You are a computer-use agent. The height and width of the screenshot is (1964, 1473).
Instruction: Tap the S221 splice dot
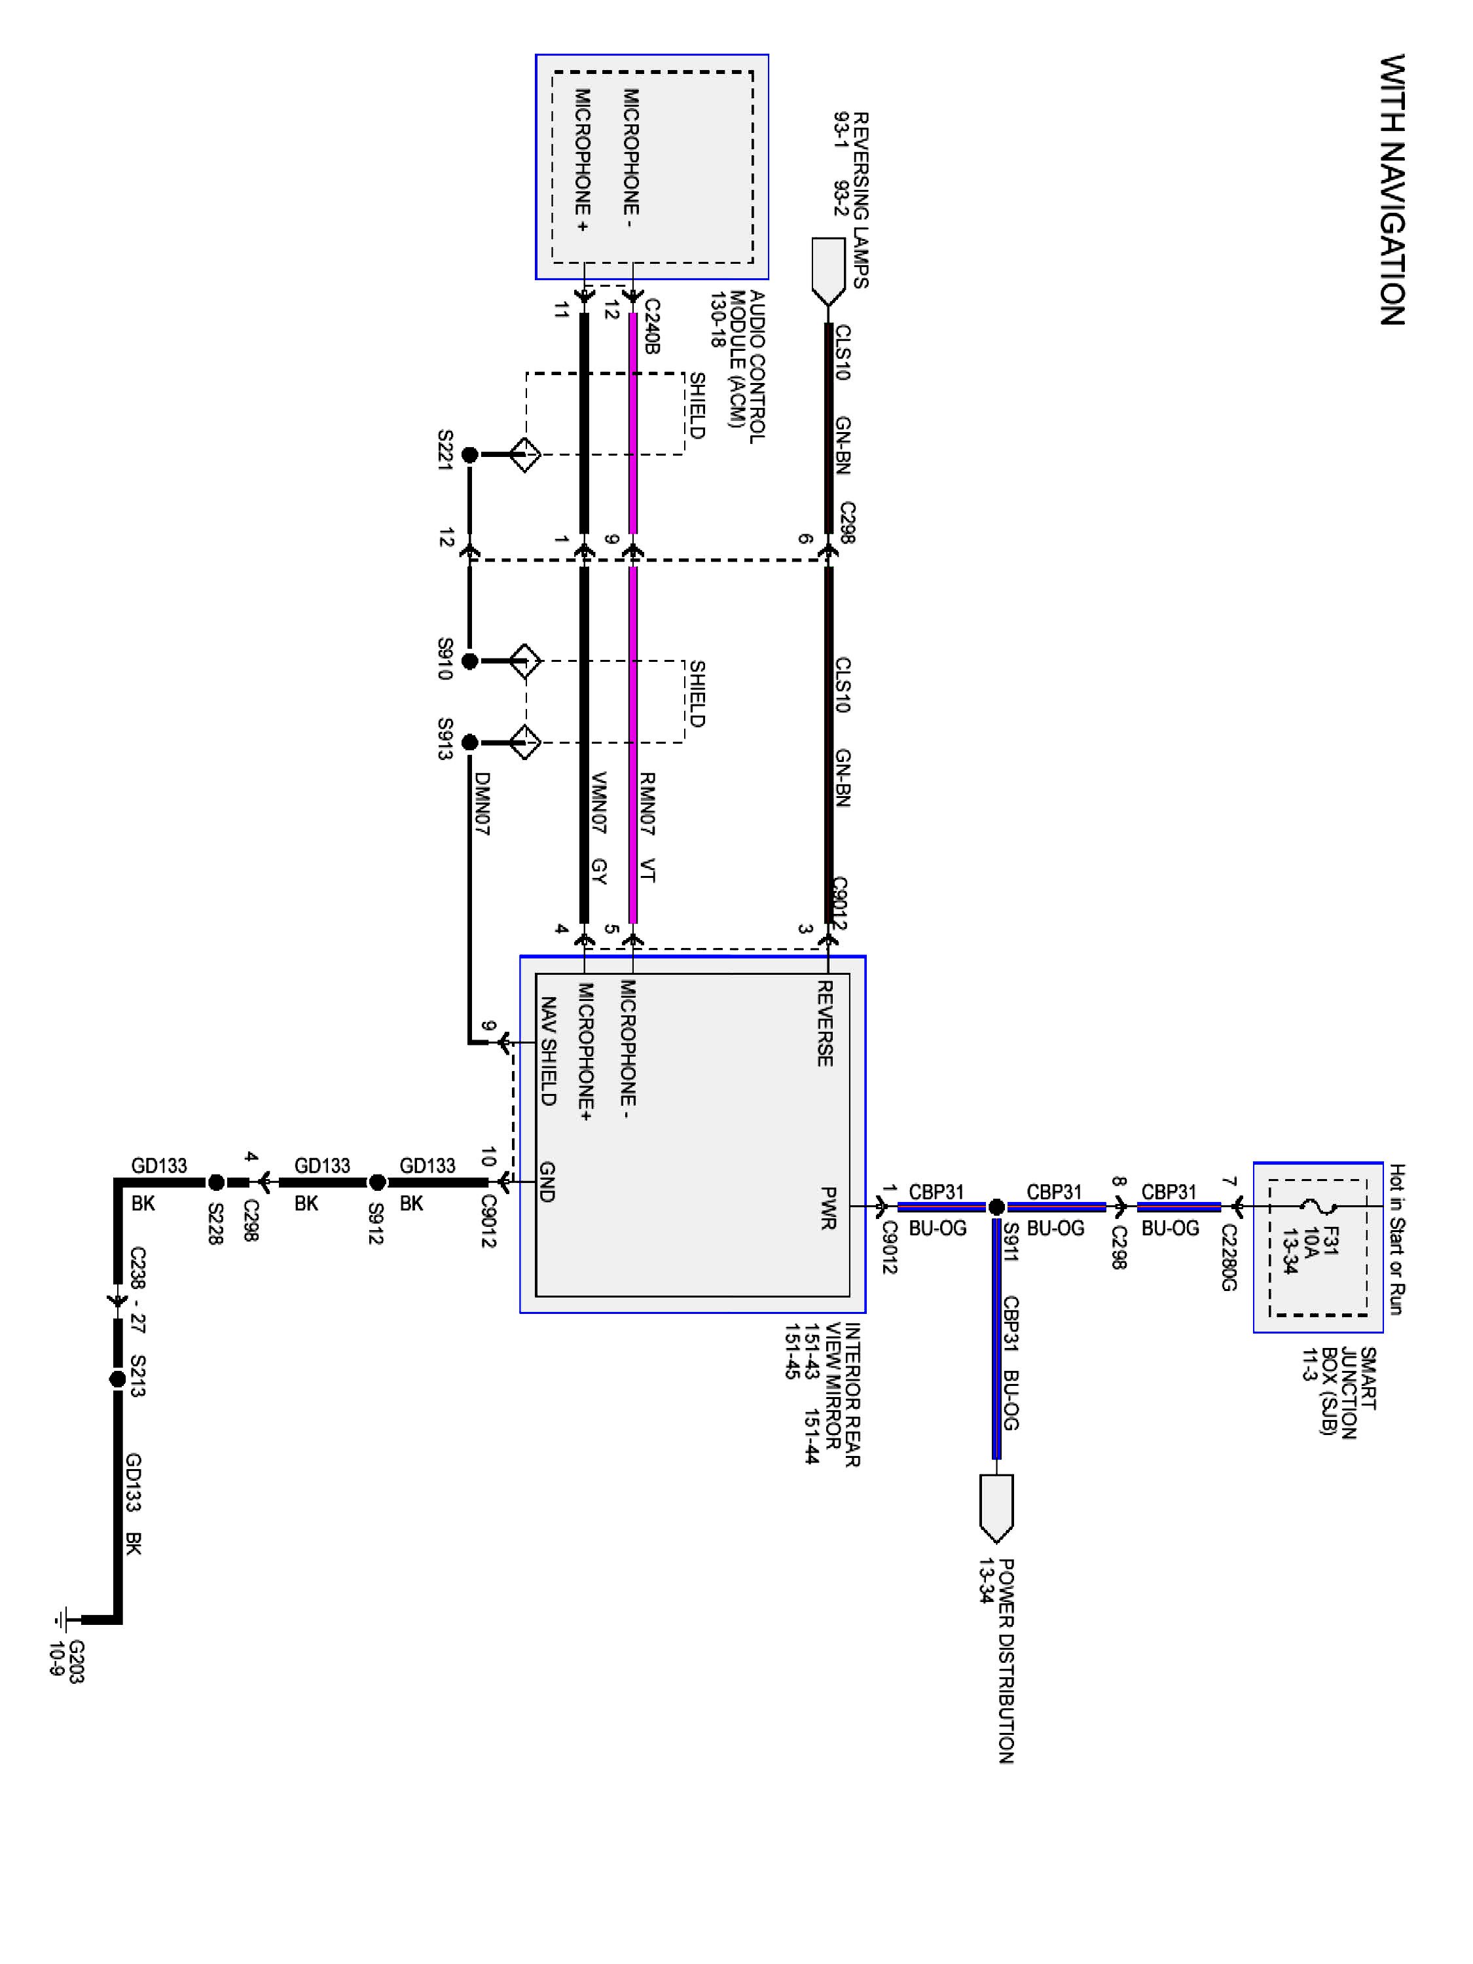tap(469, 454)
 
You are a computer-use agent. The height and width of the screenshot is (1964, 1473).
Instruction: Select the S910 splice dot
tap(469, 661)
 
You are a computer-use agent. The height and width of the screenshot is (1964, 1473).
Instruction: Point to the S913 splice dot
tap(469, 742)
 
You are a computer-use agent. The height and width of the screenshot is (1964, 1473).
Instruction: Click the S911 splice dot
tap(996, 1207)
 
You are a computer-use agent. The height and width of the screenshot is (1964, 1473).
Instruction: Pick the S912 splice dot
tap(376, 1183)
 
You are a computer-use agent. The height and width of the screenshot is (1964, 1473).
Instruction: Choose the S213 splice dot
tap(117, 1379)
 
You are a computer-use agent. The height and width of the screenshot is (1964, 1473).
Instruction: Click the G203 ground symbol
tap(60, 1620)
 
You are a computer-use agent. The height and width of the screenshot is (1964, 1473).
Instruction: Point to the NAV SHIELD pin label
tap(549, 1051)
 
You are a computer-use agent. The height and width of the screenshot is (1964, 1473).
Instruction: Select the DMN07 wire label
tap(481, 803)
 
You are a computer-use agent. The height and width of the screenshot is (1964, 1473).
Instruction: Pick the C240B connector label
tap(651, 327)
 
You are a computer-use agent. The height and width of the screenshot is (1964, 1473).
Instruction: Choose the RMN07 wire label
tap(647, 803)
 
